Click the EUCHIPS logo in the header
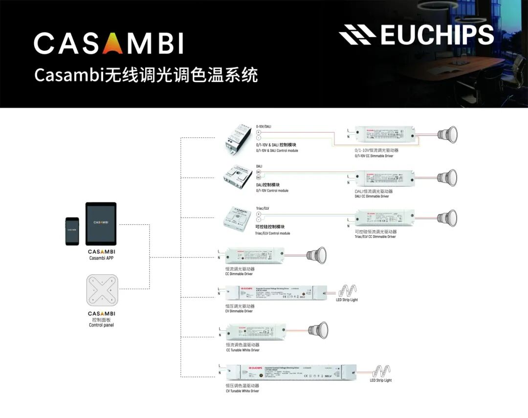[416, 35]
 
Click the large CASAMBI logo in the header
[109, 44]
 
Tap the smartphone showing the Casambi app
[72, 231]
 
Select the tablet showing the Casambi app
[101, 223]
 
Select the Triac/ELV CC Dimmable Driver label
[375, 234]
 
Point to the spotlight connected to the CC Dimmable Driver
[316, 255]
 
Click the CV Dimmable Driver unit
[277, 293]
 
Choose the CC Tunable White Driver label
[242, 348]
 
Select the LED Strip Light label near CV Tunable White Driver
[381, 380]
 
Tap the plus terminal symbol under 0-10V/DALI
[259, 132]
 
